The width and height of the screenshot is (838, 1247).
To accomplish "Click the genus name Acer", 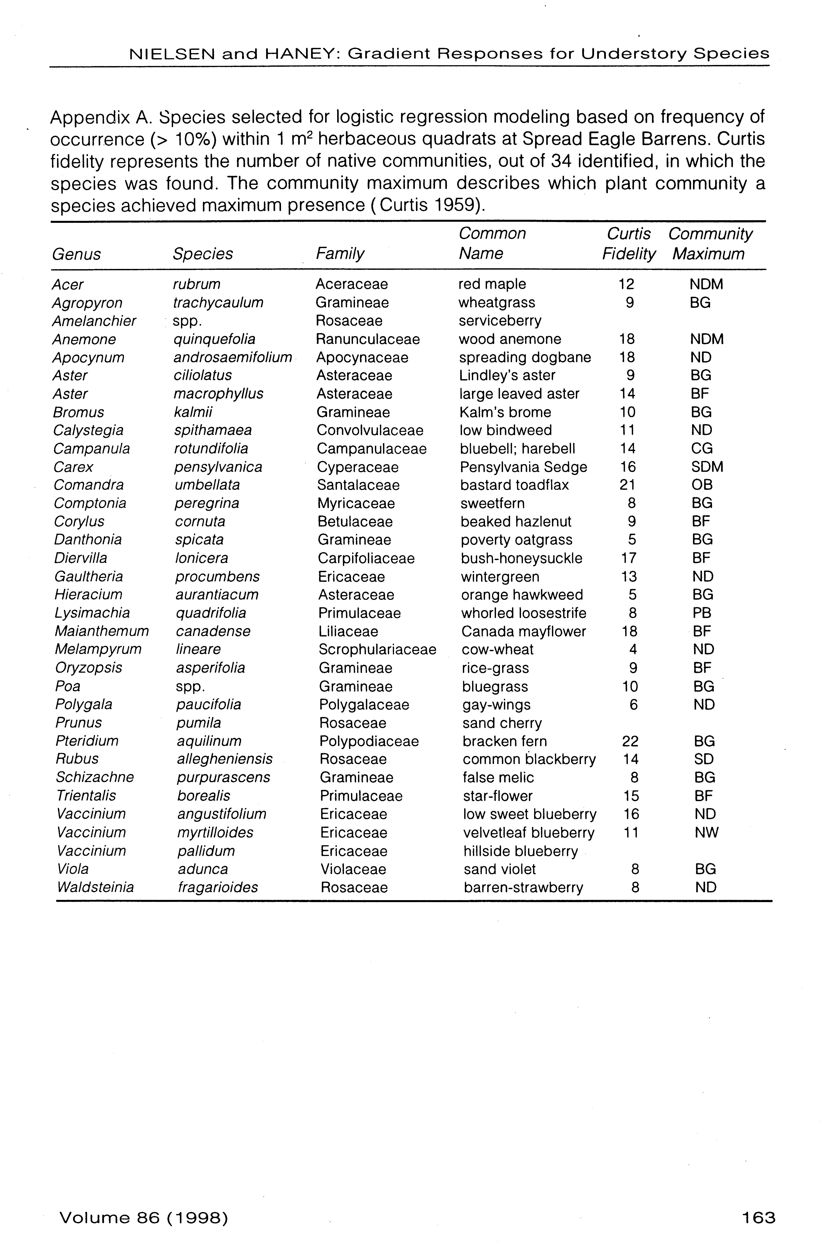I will [68, 285].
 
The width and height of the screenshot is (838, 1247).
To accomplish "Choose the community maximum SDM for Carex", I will [707, 467].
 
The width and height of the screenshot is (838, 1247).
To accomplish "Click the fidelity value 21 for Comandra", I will [627, 485].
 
